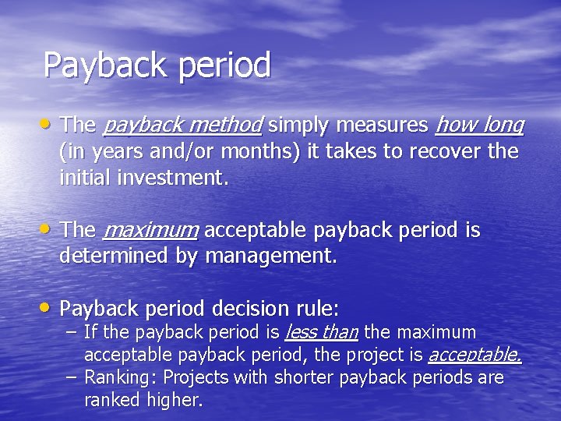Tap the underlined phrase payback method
182,125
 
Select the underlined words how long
479,125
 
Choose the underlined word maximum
150,231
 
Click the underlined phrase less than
321,333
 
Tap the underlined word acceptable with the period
475,356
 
